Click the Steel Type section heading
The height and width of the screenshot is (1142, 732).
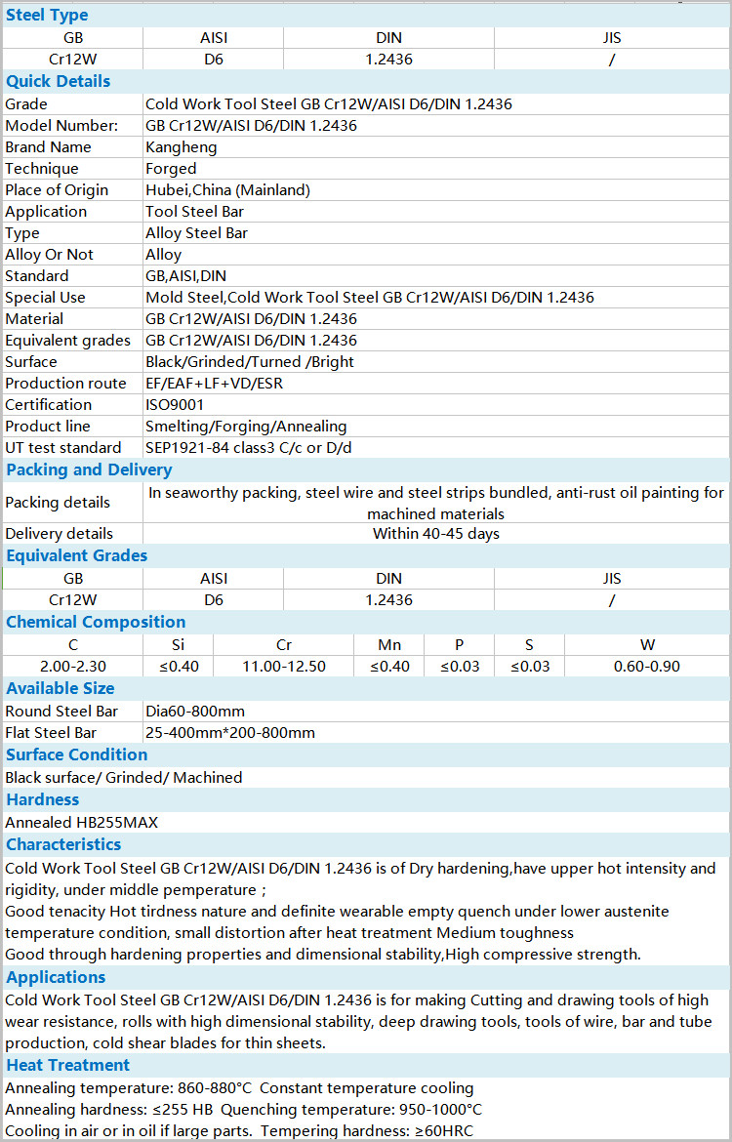[x=47, y=15]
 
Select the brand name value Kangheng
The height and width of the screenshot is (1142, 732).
[x=182, y=147]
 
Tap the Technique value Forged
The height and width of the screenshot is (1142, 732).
[x=171, y=169]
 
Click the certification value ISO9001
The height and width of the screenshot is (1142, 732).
[x=175, y=405]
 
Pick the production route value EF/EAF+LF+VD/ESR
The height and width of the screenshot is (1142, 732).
[x=214, y=384]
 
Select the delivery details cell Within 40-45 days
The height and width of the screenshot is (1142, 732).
[x=435, y=534]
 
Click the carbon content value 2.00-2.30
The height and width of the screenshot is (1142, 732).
[x=73, y=667]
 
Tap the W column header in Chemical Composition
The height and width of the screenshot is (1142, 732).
[x=647, y=645]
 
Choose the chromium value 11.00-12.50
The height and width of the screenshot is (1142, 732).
[x=284, y=667]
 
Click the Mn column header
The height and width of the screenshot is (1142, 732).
[x=389, y=645]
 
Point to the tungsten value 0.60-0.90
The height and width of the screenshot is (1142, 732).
[x=647, y=667]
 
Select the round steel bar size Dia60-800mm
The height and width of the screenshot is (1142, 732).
[x=195, y=712]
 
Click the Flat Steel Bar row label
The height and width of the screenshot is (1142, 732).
[x=51, y=733]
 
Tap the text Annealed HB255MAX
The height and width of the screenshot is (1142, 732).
[x=81, y=823]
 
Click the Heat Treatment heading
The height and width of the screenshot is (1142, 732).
[x=67, y=1065]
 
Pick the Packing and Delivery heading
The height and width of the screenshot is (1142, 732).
[x=89, y=469]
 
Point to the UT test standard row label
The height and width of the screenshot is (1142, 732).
[x=63, y=448]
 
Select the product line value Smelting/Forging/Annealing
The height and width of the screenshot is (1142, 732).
[x=246, y=427]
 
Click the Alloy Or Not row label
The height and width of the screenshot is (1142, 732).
[x=50, y=255]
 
